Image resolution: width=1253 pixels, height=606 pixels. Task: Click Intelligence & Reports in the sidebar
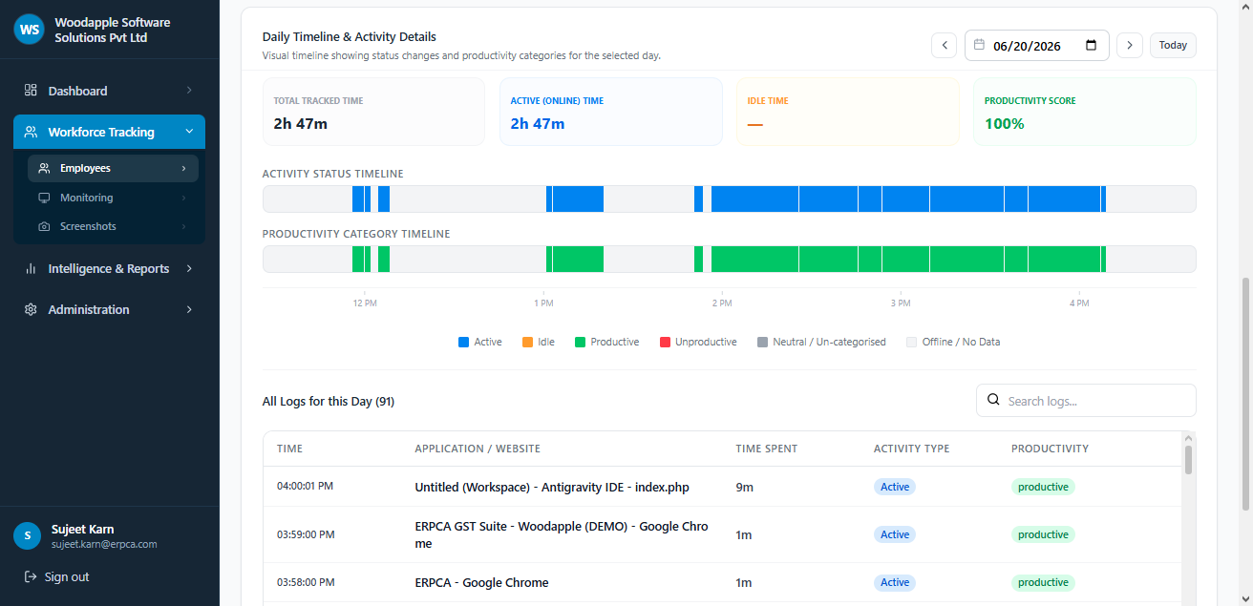(x=109, y=268)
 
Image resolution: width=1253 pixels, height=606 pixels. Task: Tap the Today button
(x=1173, y=45)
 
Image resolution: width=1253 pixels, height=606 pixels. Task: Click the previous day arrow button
(x=945, y=45)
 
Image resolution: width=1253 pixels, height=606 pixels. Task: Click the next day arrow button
(x=1130, y=45)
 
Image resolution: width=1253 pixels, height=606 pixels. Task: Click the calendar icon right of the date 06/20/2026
(x=1091, y=45)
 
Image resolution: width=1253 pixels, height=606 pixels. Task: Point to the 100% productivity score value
(x=1004, y=123)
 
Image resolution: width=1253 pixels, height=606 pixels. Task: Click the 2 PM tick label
(x=722, y=303)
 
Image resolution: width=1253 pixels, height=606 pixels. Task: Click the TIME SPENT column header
(x=766, y=449)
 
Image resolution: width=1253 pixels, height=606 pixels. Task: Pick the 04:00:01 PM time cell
(x=305, y=486)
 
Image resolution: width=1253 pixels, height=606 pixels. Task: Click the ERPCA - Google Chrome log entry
(x=481, y=582)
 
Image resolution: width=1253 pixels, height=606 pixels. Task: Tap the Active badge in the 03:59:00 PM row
(x=895, y=534)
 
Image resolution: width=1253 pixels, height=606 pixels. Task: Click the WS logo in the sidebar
(x=29, y=30)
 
